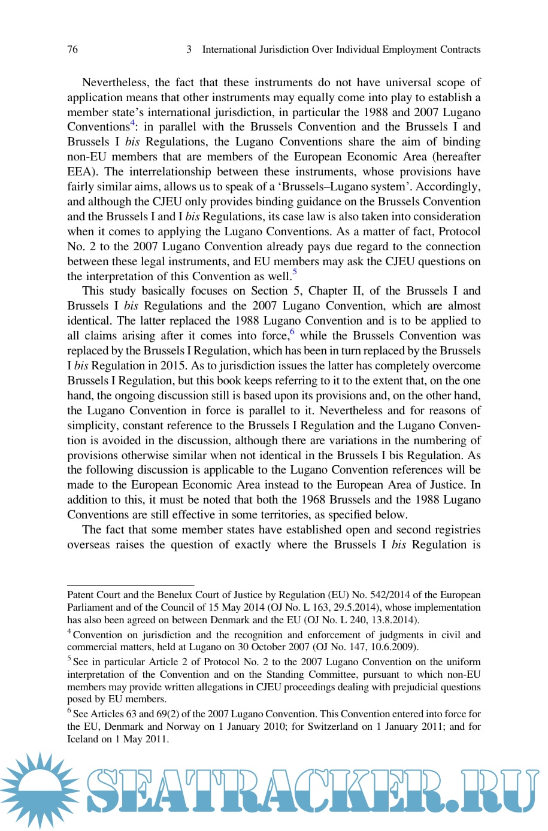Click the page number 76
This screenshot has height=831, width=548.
72,49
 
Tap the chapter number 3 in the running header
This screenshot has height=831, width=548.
189,49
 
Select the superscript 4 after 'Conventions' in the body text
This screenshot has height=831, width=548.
132,123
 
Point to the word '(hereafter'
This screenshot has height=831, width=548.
457,156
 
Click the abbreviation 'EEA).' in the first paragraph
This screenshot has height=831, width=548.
82,171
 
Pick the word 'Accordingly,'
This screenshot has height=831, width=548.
449,186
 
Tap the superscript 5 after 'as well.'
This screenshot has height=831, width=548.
295,272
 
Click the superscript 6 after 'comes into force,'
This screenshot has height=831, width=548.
292,332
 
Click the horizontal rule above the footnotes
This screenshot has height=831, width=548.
131,584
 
